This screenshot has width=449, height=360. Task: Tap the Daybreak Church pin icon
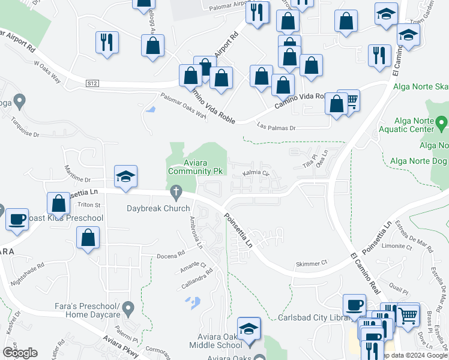[x=176, y=193]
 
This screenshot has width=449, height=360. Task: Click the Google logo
[x=20, y=352]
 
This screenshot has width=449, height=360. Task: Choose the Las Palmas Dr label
[x=276, y=127]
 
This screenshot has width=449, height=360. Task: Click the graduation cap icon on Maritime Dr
[x=126, y=176]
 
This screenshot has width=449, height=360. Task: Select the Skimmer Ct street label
[x=311, y=263]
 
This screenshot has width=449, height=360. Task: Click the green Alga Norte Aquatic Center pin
[x=442, y=124]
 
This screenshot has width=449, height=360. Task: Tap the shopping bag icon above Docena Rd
[x=88, y=238]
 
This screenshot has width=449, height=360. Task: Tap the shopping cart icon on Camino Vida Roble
[x=349, y=100]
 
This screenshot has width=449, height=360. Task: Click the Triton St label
[x=88, y=205]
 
